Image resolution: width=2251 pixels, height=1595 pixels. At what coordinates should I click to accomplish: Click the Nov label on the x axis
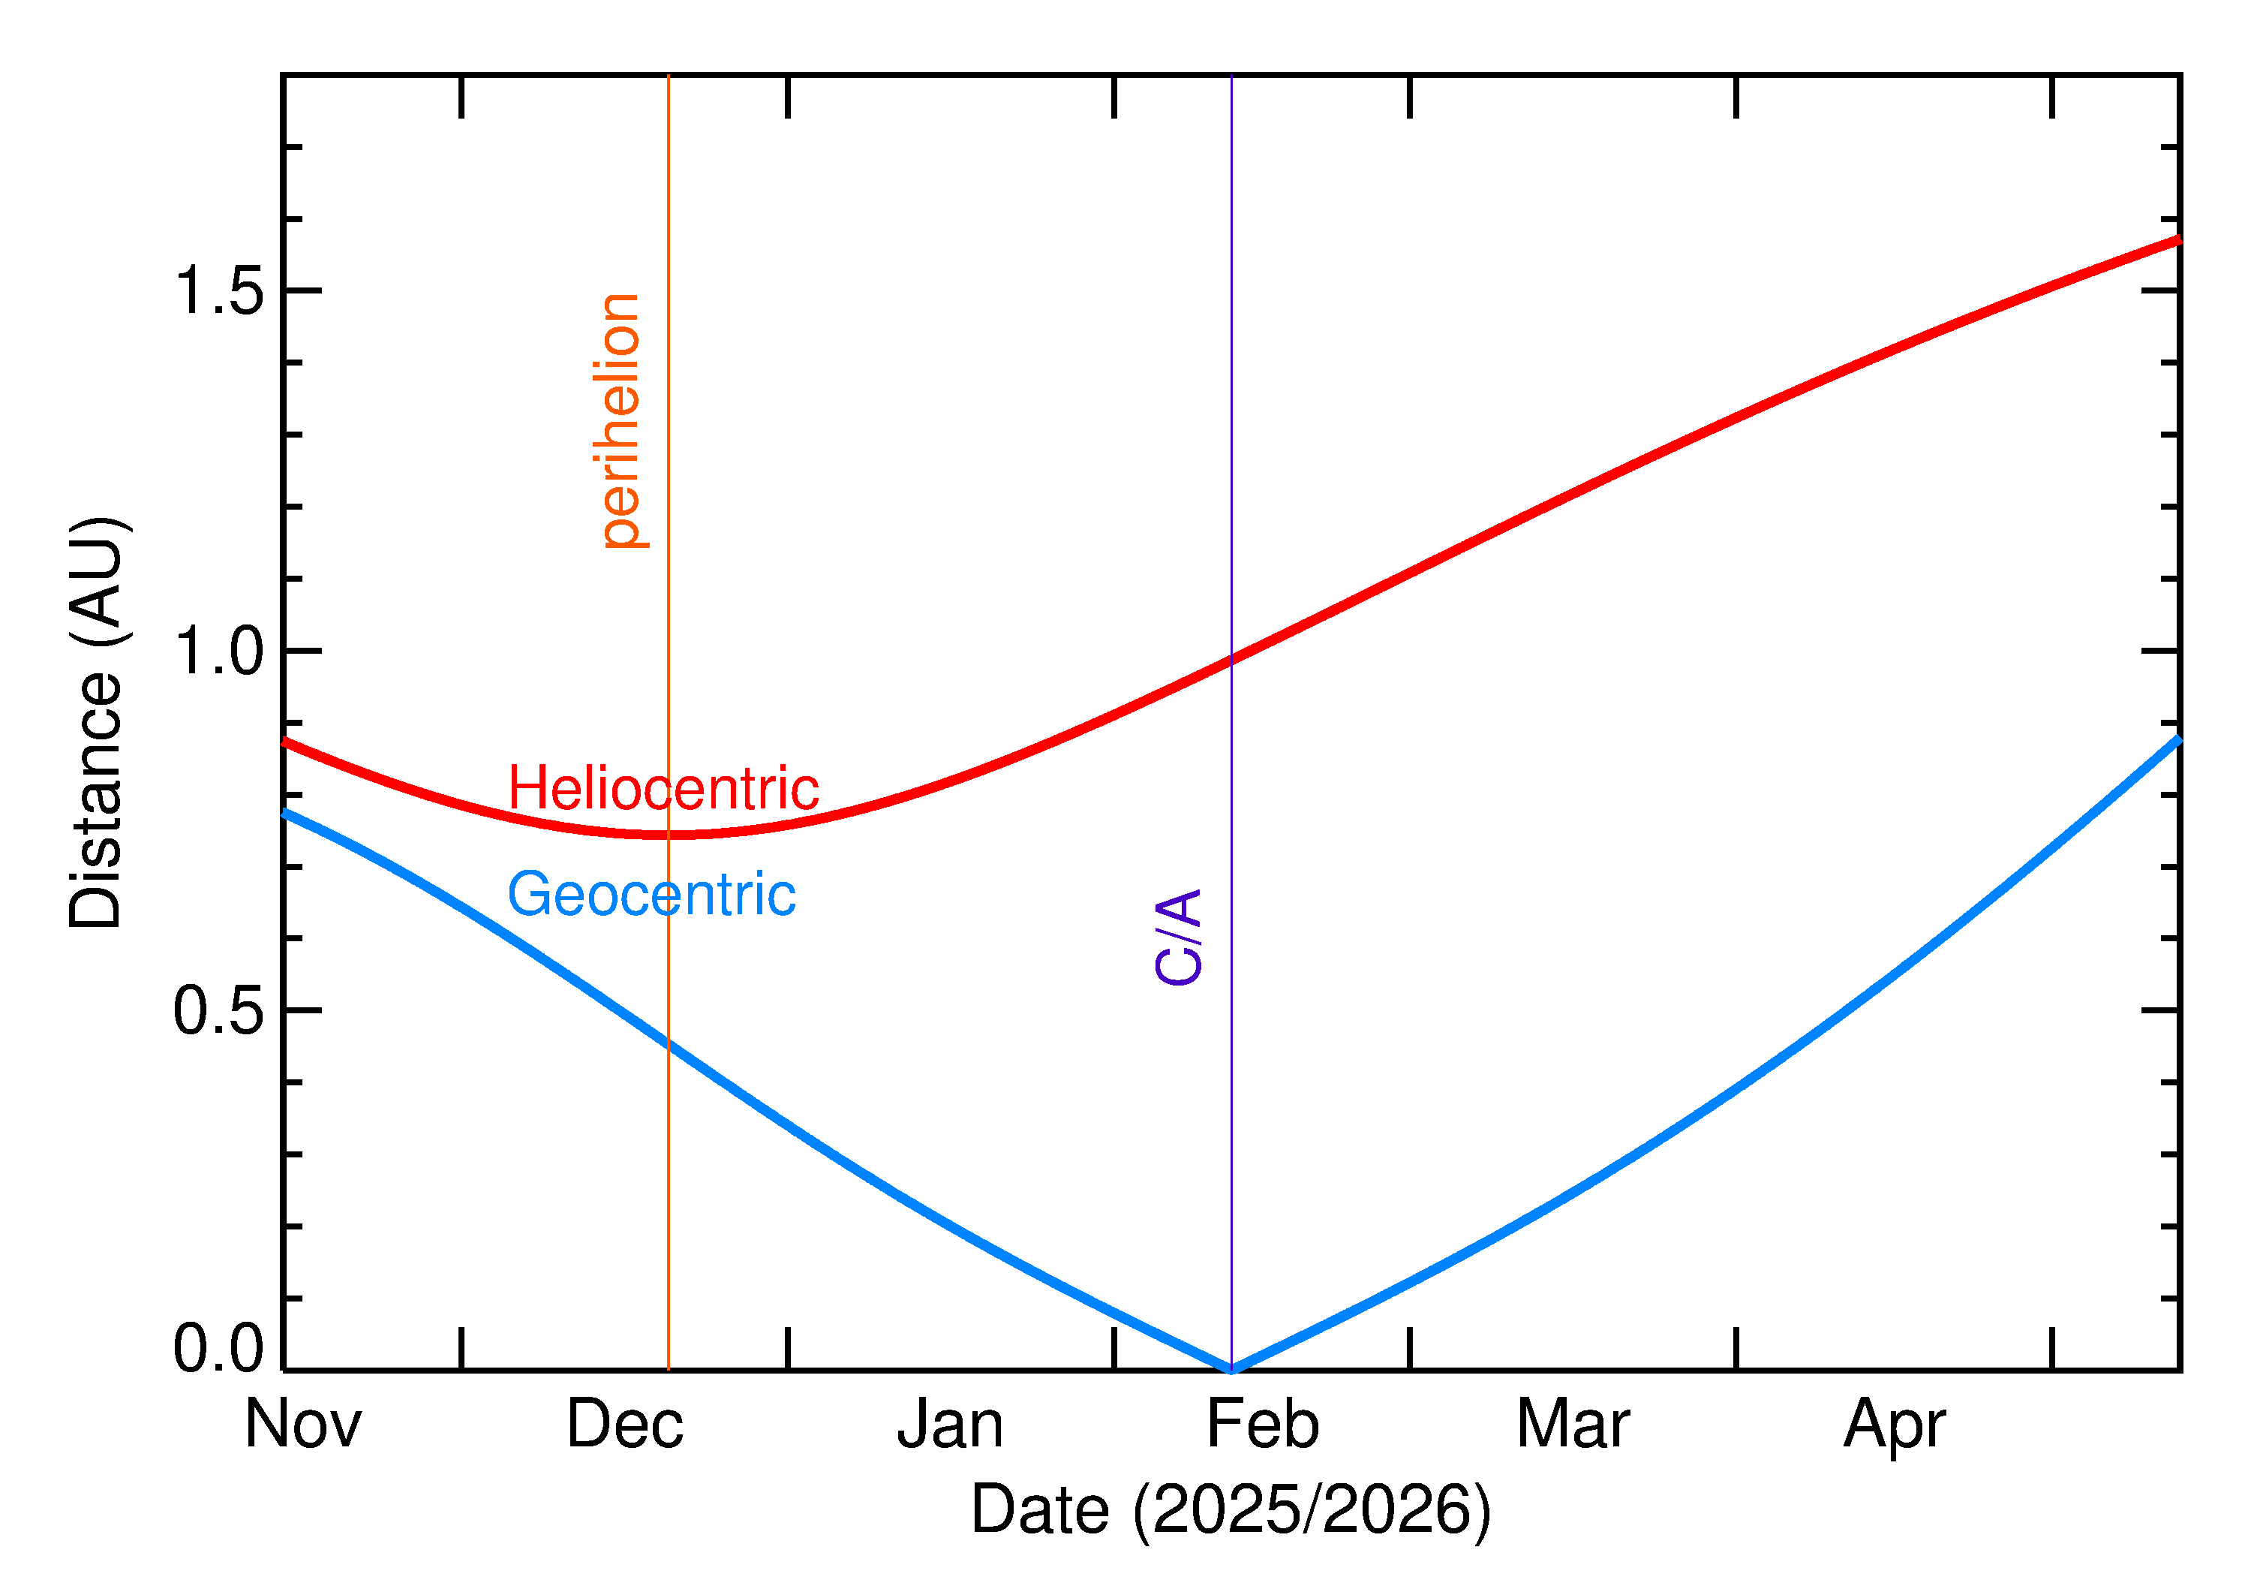302,1424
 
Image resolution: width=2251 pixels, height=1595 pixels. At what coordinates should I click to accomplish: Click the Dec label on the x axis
624,1424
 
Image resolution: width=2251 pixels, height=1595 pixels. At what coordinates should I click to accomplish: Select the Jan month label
949,1424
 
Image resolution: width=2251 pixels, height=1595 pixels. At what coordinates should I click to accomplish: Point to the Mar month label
1573,1424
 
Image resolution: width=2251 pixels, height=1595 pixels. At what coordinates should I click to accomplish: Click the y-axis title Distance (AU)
96,722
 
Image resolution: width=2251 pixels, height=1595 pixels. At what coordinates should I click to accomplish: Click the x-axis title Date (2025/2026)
1230,1509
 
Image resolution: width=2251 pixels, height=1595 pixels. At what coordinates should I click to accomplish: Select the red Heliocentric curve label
663,787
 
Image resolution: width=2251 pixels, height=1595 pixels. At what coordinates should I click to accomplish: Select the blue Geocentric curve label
651,894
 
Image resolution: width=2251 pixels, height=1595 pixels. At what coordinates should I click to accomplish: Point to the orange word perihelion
621,420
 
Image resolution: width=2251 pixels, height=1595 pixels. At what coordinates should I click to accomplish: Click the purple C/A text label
1179,936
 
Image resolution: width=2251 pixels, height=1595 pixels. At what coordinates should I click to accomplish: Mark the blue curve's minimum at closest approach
1231,1369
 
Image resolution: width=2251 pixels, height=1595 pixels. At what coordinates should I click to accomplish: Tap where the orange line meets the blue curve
669,1043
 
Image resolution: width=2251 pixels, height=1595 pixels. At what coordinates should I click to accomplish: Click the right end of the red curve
2177,239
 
